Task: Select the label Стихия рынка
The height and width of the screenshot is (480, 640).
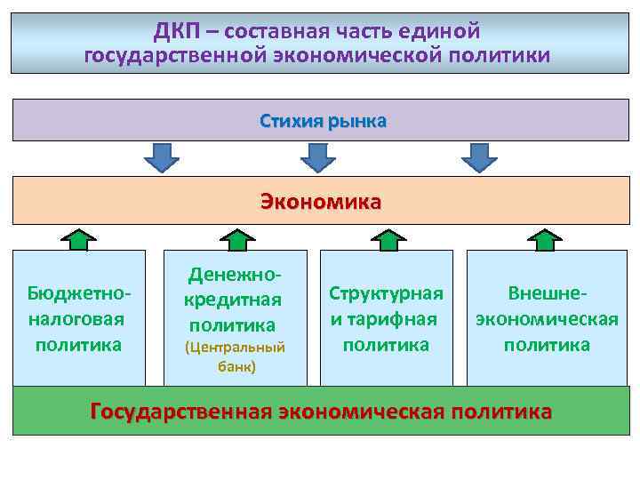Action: click(324, 120)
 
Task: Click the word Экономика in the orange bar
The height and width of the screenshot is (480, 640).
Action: click(320, 201)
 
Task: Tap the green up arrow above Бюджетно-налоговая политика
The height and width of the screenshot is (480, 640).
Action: click(79, 238)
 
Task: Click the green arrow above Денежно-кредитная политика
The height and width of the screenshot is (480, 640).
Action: click(236, 238)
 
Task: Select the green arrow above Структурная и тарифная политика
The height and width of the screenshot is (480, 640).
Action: click(387, 238)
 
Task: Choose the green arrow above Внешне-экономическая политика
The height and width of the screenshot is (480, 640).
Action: click(545, 238)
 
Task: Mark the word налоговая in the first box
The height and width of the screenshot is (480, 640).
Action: click(76, 318)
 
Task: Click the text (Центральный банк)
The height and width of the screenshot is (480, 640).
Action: click(235, 356)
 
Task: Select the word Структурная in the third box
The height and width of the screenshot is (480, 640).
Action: click(386, 293)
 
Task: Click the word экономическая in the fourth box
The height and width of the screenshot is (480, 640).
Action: click(547, 318)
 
